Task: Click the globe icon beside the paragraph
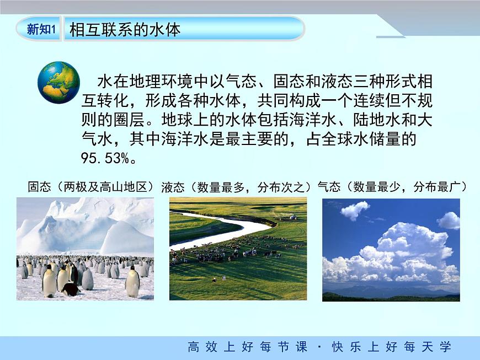59,83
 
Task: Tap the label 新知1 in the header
41,29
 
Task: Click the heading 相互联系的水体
125,30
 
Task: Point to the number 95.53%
106,158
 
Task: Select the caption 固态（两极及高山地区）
91,186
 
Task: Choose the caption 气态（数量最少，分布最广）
392,186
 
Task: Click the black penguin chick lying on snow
71,289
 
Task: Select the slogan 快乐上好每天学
392,347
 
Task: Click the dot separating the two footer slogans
319,347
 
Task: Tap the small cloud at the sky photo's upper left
355,210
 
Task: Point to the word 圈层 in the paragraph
129,120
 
